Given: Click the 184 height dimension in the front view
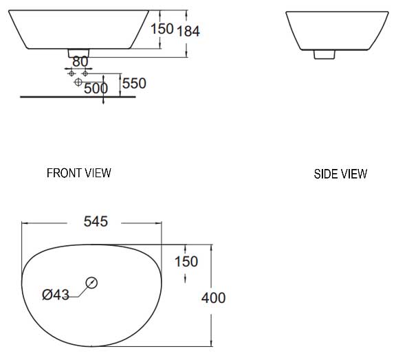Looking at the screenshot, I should point(188,31).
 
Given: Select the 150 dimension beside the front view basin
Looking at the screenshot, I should point(162,28).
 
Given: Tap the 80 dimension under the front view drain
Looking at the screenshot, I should point(80,62).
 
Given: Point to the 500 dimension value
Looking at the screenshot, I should point(96,87).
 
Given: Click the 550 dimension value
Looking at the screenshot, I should point(134,83).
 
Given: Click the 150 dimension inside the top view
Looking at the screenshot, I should point(186,261).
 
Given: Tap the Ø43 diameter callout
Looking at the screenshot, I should point(56,295).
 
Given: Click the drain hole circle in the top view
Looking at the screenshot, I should point(91,282).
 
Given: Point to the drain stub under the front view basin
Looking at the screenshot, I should point(78,53).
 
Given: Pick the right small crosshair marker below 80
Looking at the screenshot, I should point(85,71).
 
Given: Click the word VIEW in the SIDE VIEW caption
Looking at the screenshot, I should point(354,174).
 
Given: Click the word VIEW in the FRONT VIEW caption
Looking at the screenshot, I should point(97,172).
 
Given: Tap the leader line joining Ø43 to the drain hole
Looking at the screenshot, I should point(79,291).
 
